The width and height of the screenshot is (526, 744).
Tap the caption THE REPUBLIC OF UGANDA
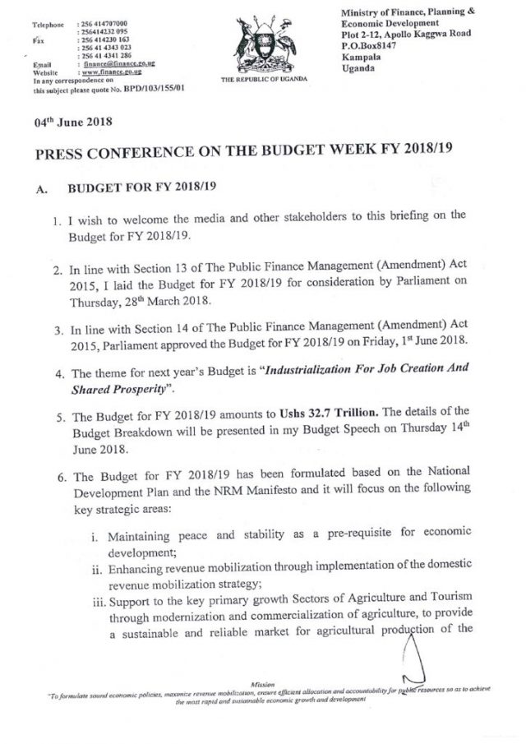(x=264, y=80)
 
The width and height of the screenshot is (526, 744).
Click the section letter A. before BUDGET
(x=43, y=188)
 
